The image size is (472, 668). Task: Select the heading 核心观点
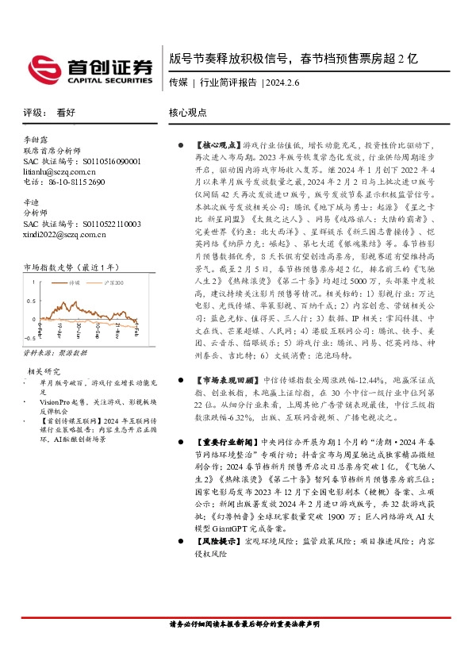[x=188, y=113]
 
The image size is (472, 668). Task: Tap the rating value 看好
[x=67, y=113]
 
